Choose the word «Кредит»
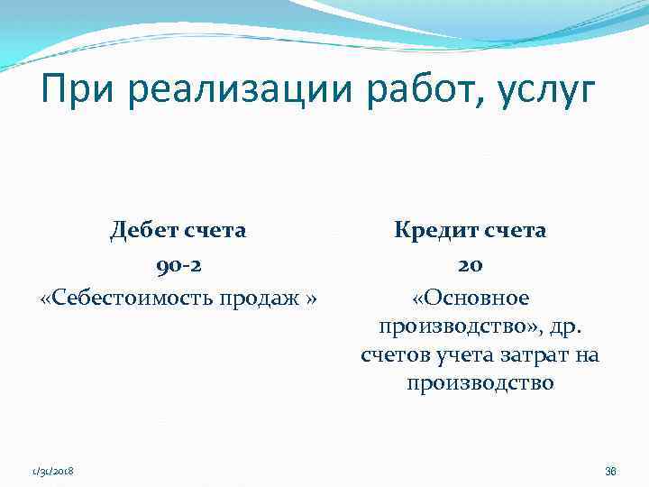[426, 231]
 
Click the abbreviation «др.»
[571, 326]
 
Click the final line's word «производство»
[480, 384]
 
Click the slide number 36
[609, 471]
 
